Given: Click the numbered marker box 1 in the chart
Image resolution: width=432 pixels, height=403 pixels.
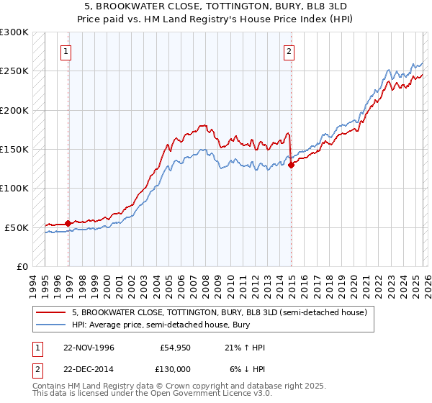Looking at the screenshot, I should (66, 51).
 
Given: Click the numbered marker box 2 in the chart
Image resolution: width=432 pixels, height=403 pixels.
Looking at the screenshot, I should (289, 51).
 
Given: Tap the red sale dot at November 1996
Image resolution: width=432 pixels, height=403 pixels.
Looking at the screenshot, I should (68, 223).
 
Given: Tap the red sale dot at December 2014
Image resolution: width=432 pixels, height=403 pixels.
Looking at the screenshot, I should (292, 165).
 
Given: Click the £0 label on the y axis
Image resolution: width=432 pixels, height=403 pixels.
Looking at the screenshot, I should (22, 266).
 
